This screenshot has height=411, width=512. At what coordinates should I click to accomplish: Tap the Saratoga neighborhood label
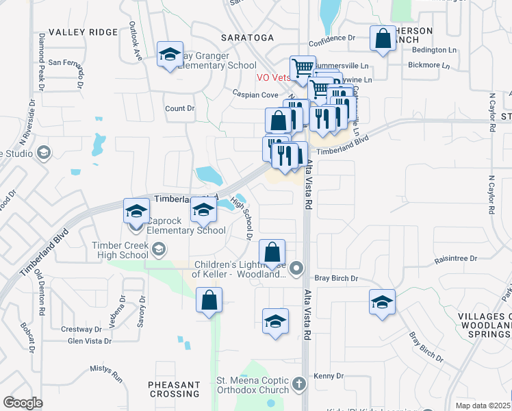(x=247, y=37)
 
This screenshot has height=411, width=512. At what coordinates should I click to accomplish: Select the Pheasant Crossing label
(x=175, y=389)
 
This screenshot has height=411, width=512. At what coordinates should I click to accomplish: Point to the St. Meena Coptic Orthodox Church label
(x=253, y=386)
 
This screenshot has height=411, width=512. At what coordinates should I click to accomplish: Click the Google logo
(x=23, y=402)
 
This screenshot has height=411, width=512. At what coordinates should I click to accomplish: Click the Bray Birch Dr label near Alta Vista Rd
(x=336, y=278)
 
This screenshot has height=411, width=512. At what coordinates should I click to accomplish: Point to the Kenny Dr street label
(x=329, y=376)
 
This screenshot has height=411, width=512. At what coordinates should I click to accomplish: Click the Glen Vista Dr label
(x=89, y=341)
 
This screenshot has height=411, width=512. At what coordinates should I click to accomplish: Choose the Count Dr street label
(x=179, y=108)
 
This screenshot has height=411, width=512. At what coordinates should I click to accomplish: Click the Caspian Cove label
(x=255, y=95)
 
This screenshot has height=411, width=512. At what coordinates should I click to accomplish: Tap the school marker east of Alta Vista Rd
(x=382, y=302)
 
